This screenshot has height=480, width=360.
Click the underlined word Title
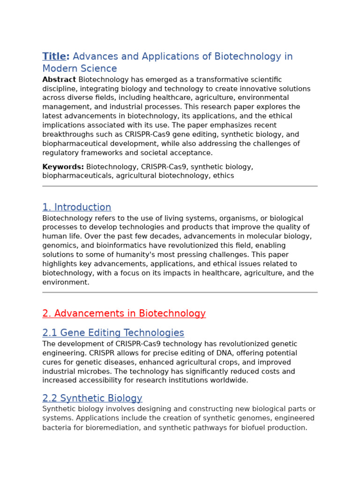point(54,57)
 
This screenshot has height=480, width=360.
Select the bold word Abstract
point(59,80)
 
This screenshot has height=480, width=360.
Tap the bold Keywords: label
point(63,167)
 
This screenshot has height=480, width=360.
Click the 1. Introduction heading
point(77,207)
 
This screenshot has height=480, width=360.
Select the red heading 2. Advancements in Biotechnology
point(124,314)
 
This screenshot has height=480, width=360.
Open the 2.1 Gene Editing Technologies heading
point(113,333)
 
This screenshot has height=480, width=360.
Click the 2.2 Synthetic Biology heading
point(92,398)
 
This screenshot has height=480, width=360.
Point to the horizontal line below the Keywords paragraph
point(180,186)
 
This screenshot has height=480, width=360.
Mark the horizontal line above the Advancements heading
point(180,292)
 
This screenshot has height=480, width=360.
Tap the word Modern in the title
point(58,69)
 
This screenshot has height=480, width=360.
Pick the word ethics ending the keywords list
point(224,176)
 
